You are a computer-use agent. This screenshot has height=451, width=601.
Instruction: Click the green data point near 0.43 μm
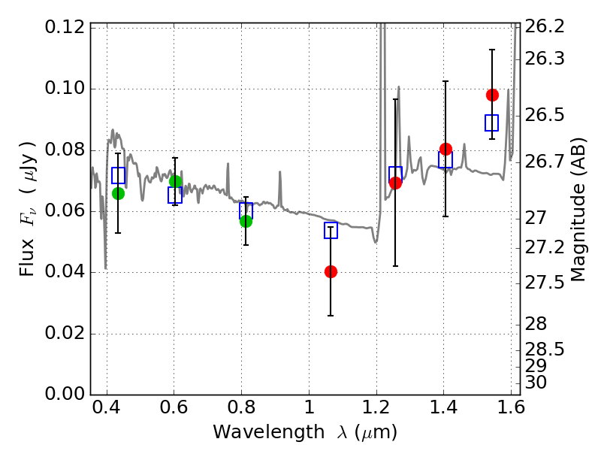118,193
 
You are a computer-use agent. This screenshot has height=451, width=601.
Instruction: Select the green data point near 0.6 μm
176,181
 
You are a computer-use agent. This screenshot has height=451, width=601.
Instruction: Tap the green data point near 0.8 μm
246,221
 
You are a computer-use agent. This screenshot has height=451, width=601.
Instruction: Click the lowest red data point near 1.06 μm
331,271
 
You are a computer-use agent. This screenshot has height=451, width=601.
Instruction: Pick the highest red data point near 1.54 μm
492,95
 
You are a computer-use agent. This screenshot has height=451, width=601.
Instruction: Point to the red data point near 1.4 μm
445,149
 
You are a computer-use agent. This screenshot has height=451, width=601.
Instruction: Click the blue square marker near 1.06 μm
331,231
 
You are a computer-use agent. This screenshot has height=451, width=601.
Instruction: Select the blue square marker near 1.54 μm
492,123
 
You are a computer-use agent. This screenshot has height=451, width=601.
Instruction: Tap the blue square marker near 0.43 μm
118,175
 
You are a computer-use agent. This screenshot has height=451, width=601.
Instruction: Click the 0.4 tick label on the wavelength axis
106,410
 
